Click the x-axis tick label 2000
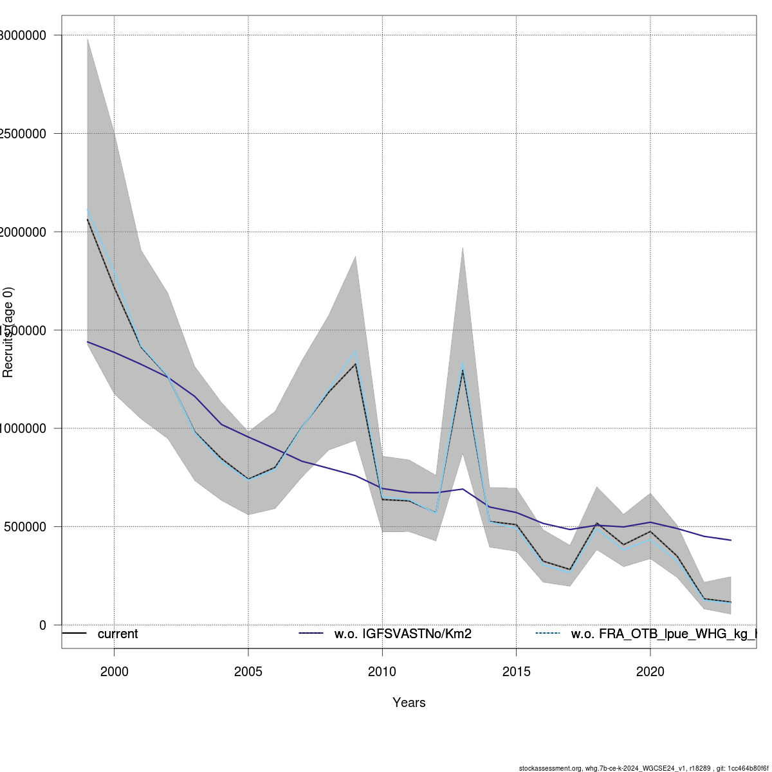click(114, 672)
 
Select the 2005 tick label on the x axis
click(248, 672)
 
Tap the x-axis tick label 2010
click(382, 672)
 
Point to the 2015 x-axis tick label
click(516, 672)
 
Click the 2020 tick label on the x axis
click(650, 672)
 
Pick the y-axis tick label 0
click(42, 625)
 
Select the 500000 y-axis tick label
click(24, 527)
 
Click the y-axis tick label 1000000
click(23, 428)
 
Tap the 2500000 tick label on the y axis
click(23, 134)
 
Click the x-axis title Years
click(409, 703)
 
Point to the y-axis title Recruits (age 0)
click(8, 332)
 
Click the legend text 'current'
click(118, 634)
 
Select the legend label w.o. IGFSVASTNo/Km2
click(403, 634)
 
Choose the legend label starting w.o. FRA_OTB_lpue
click(663, 634)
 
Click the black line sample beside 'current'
click(74, 634)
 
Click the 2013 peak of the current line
click(463, 371)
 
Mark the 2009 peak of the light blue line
click(355, 351)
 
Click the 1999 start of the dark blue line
click(87, 342)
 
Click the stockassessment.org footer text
click(643, 768)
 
